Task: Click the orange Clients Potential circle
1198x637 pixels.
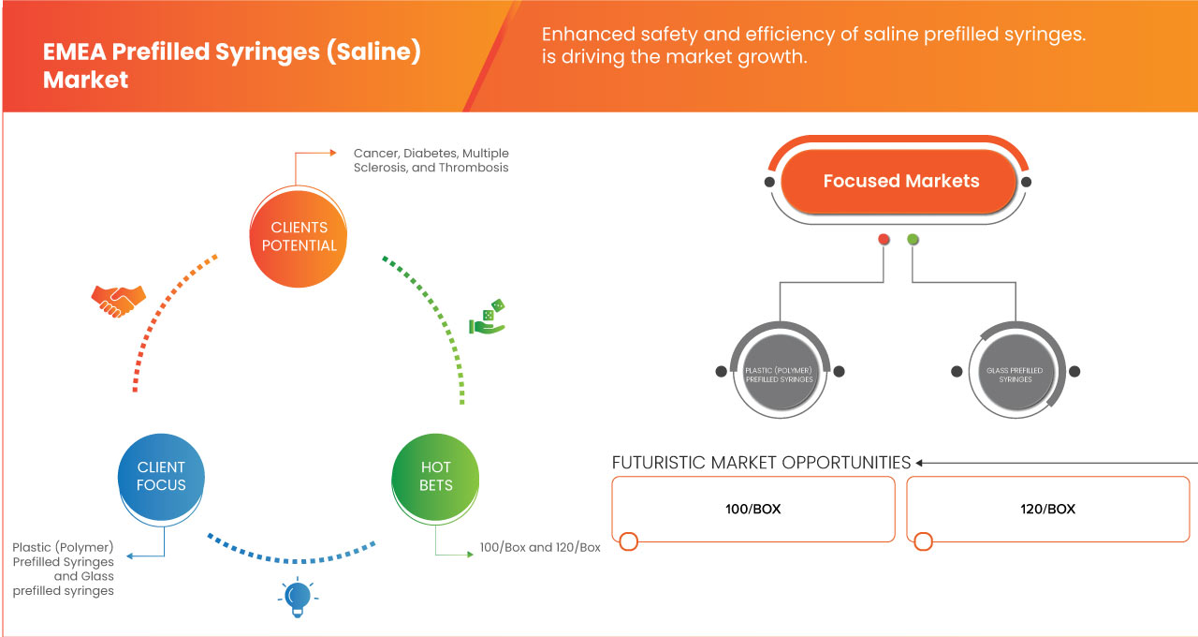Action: point(299,236)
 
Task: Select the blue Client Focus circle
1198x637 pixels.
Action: point(161,475)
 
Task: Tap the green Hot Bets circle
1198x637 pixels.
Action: point(436,475)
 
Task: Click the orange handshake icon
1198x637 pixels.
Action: point(118,300)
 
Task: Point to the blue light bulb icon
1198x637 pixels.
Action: point(298,597)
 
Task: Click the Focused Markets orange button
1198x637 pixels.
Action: point(900,181)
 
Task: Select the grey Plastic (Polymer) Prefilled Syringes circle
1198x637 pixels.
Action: point(780,371)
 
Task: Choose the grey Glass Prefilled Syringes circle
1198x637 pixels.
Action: point(1015,371)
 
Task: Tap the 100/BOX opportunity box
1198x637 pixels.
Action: point(753,509)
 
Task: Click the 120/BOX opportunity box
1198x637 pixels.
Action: point(1047,509)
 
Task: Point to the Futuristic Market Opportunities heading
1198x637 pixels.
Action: point(761,463)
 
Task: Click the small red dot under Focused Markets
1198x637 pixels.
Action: point(884,240)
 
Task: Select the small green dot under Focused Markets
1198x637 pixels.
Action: point(913,240)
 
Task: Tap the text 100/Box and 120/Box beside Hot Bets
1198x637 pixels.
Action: point(540,547)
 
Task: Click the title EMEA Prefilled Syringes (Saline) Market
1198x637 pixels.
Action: point(231,66)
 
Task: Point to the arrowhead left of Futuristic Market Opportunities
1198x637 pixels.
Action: point(920,463)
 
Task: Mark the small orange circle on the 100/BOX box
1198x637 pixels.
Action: point(629,541)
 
